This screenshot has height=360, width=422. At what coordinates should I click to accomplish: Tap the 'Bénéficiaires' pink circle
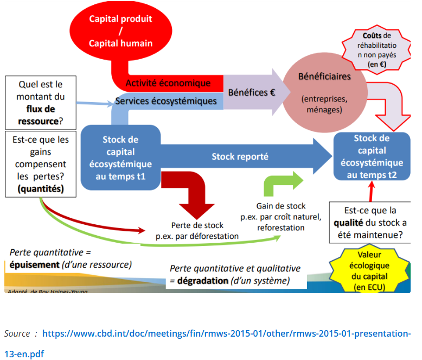(324, 92)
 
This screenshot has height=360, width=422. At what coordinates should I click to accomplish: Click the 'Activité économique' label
(168, 83)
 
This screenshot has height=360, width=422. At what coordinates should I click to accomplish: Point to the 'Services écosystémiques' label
(166, 101)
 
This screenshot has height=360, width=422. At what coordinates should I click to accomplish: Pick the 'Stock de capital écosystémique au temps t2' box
(372, 156)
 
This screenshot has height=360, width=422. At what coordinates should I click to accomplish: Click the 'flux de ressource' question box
(41, 102)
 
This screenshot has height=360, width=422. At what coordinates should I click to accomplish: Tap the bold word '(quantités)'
(40, 189)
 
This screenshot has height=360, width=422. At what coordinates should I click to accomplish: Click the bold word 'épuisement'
(34, 264)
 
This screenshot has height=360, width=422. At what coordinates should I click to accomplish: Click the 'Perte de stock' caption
(197, 225)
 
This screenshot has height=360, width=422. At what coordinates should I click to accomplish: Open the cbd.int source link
(226, 333)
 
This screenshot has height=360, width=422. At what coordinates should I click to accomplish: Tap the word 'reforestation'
(281, 228)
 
